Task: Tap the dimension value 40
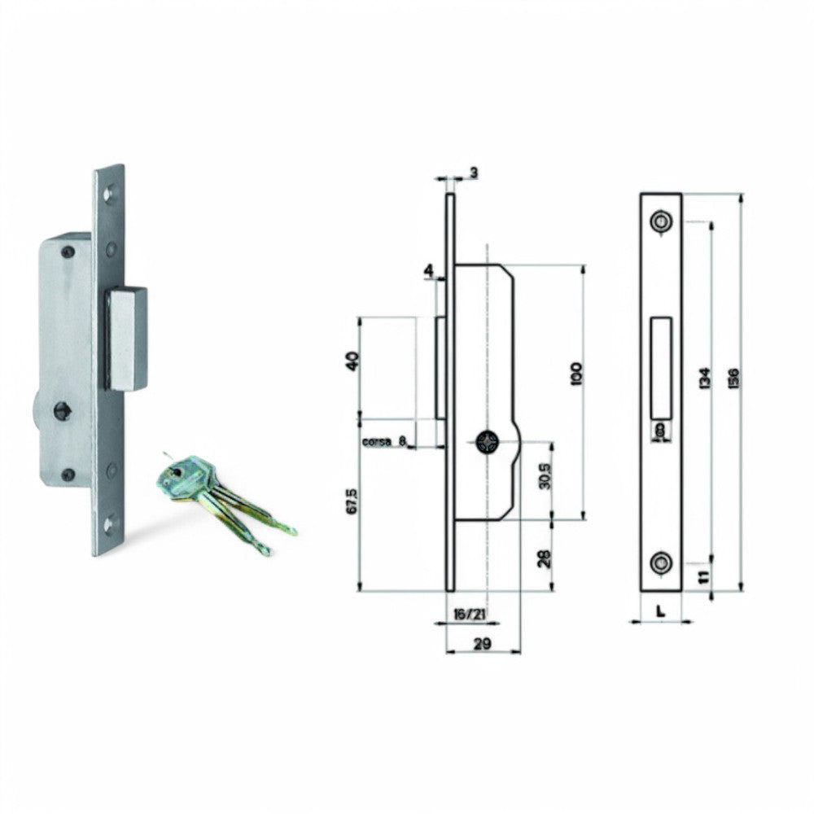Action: point(352,361)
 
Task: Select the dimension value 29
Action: point(482,644)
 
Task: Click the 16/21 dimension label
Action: point(466,612)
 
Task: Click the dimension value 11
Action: point(704,577)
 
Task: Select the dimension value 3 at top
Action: point(473,173)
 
